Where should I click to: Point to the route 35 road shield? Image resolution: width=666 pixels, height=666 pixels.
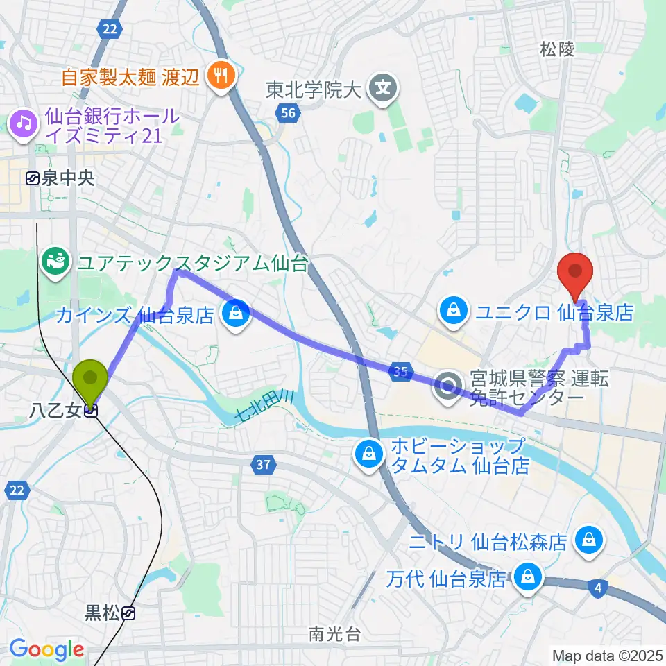pyautogui.click(x=399, y=372)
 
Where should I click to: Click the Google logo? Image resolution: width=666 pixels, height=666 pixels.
pyautogui.click(x=46, y=649)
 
